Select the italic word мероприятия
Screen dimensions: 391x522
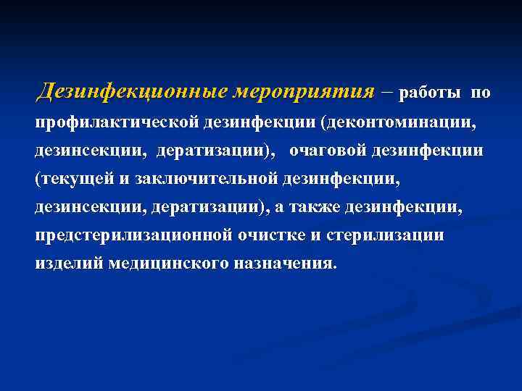click(x=304, y=93)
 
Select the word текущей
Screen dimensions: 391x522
click(x=69, y=178)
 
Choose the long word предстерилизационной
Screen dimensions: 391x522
click(x=134, y=235)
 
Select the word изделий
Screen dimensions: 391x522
click(x=69, y=263)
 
